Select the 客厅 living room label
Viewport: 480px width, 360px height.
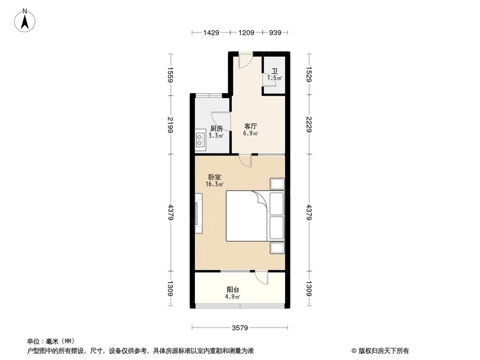251,126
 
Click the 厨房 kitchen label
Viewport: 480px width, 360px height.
216,129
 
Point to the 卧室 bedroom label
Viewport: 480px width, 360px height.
208,177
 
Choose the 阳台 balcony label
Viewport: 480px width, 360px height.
233,290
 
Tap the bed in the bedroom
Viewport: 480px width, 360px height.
248,216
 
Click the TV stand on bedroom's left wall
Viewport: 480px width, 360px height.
198,213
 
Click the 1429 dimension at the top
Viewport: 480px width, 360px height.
211,33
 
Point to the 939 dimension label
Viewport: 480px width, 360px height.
275,33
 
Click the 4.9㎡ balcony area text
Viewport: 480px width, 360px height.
233,297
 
